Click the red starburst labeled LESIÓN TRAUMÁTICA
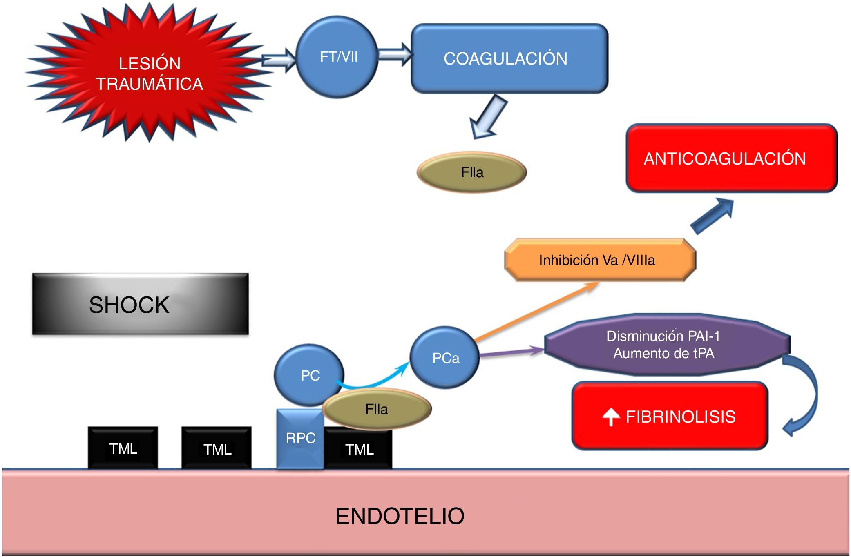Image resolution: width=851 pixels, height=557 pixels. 150,74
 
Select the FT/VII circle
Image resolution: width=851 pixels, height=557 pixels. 337,57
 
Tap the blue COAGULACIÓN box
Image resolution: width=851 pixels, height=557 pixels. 509,58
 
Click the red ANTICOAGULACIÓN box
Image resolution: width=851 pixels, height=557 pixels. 731,158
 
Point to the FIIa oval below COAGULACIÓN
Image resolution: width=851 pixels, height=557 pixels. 472,172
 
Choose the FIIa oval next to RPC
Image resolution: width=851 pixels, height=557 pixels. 377,409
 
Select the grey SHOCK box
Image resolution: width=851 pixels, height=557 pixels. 140,304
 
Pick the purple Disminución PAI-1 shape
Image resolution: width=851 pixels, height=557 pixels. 666,344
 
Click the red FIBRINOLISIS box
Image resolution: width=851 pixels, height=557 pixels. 670,416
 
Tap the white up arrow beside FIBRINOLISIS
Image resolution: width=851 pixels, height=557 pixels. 611,417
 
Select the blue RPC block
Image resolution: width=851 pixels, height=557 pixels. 300,439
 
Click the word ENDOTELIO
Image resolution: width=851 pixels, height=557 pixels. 400,516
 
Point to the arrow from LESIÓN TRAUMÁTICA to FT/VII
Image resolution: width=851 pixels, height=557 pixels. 279,60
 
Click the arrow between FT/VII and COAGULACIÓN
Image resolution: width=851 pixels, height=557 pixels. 395,54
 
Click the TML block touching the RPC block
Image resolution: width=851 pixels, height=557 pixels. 359,449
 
